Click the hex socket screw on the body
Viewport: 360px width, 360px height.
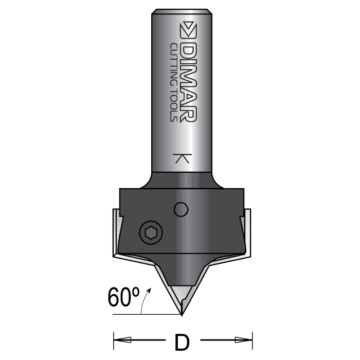tap(151, 234)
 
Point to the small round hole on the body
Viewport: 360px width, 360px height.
tap(181, 209)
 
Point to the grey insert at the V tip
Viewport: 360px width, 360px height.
tap(182, 298)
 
